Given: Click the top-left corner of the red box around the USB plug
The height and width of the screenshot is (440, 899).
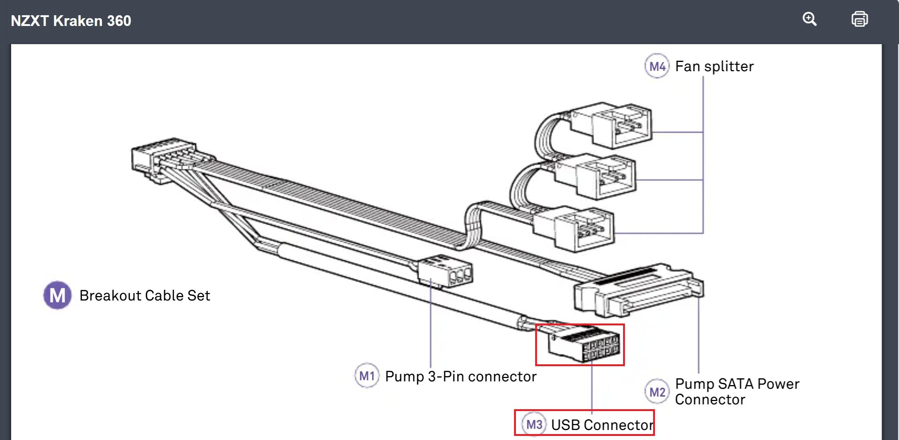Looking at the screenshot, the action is pyautogui.click(x=536, y=325).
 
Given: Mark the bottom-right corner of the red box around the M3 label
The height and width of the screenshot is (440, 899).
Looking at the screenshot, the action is pyautogui.click(x=654, y=434).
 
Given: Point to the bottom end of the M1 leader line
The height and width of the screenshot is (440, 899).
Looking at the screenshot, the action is pyautogui.click(x=431, y=367).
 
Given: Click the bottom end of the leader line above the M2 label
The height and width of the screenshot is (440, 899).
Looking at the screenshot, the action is pyautogui.click(x=699, y=373).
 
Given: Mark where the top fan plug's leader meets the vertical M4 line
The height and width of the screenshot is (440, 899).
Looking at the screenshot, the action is pyautogui.click(x=703, y=132).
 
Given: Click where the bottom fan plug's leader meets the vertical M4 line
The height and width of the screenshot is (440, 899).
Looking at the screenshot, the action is pyautogui.click(x=703, y=233).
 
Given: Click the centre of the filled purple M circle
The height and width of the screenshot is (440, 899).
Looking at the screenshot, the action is pyautogui.click(x=57, y=295).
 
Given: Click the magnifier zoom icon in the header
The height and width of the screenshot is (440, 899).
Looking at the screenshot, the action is pyautogui.click(x=809, y=19).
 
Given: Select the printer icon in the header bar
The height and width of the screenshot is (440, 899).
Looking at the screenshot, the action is pyautogui.click(x=860, y=19).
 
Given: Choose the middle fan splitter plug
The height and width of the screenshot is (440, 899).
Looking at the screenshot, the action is pyautogui.click(x=595, y=177).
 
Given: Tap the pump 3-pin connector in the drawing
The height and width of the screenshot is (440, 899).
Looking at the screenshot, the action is pyautogui.click(x=445, y=272).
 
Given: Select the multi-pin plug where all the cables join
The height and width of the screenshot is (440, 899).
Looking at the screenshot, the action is pyautogui.click(x=163, y=160).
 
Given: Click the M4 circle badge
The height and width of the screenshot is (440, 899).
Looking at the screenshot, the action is pyautogui.click(x=657, y=66).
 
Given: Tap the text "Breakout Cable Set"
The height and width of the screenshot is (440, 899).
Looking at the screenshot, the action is pyautogui.click(x=145, y=296).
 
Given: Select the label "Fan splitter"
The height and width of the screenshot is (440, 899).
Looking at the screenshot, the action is pyautogui.click(x=714, y=67).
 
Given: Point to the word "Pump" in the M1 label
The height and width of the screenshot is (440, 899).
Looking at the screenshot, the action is pyautogui.click(x=405, y=377).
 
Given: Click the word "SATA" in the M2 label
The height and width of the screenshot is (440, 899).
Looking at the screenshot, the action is pyautogui.click(x=736, y=384).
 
